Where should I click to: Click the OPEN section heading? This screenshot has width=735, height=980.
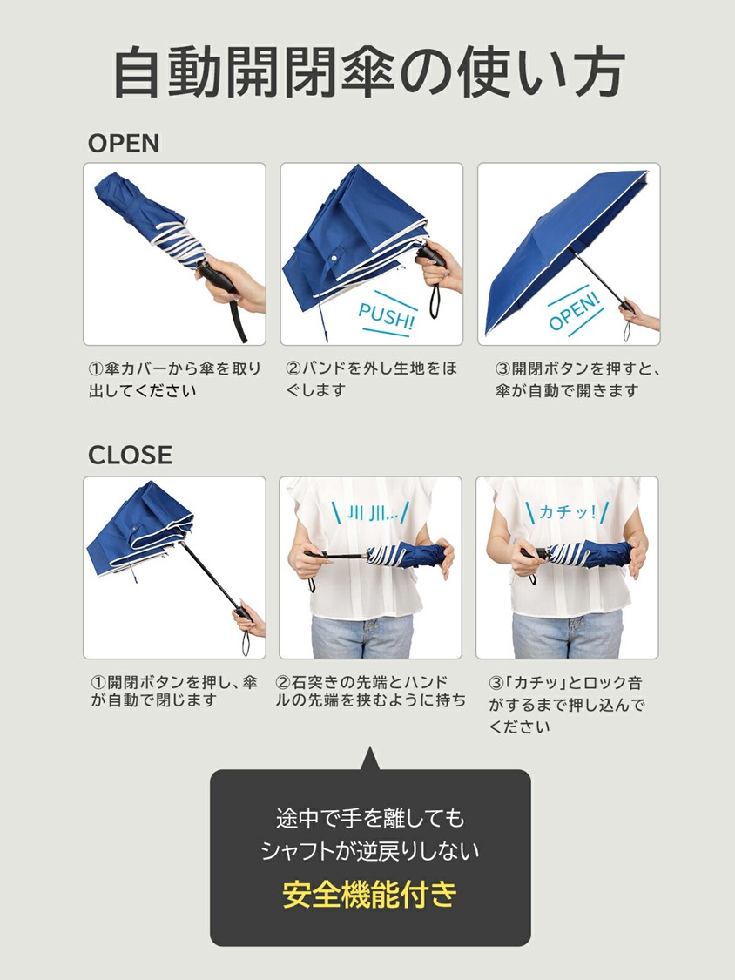(123, 143)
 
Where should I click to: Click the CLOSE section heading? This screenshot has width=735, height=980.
(130, 455)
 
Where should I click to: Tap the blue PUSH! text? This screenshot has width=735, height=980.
(387, 315)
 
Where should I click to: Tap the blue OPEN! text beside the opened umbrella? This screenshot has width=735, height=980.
(575, 311)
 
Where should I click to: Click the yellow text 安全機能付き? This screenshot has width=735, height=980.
(370, 894)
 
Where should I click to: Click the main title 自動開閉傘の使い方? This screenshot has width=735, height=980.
(368, 72)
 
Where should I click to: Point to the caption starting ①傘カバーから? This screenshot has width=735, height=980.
(174, 380)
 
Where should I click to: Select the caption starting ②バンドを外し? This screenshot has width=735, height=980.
(372, 379)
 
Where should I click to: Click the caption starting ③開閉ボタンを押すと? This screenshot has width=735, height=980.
(577, 380)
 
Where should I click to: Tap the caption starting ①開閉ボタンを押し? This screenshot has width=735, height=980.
(174, 691)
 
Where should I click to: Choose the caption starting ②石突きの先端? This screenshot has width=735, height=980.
(371, 691)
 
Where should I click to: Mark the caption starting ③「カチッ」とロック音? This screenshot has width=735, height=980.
(566, 705)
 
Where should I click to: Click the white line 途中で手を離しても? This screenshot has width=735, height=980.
(370, 818)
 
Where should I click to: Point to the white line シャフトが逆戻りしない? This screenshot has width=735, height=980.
(370, 850)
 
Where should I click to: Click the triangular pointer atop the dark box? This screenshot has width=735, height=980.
(369, 760)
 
